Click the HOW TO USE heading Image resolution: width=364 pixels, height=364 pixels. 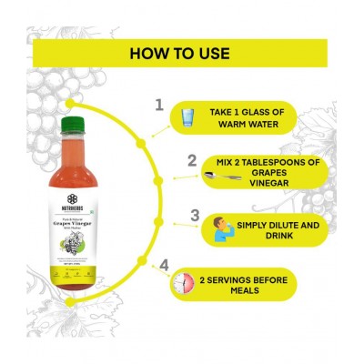tap(181, 52)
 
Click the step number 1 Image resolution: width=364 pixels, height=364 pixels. tap(160, 106)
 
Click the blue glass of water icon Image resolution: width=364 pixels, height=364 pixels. tap(186, 118)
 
